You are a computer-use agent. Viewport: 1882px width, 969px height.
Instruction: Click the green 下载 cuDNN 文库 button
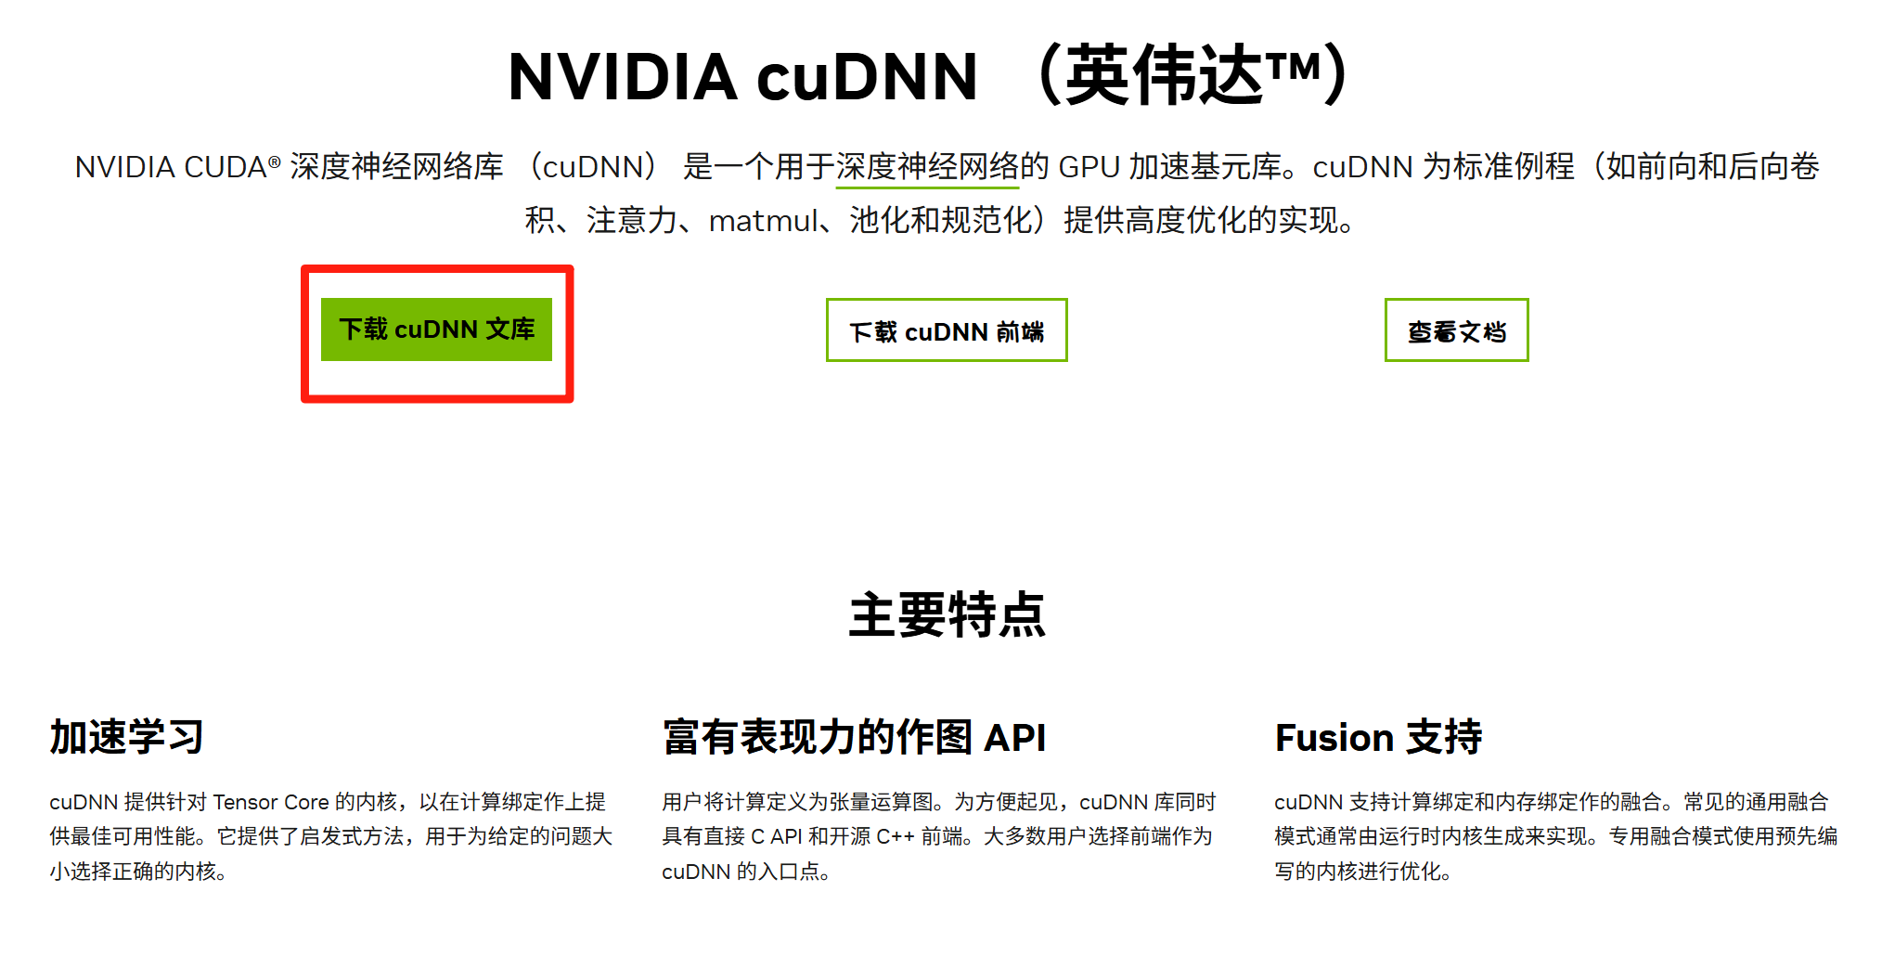click(436, 329)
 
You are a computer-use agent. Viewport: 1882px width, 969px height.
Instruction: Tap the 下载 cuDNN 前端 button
click(947, 330)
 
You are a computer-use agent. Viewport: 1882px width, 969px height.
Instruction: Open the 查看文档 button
click(1456, 330)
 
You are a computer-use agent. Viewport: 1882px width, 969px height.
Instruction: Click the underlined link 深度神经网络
click(927, 167)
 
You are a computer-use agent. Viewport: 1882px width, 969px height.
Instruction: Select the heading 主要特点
click(947, 615)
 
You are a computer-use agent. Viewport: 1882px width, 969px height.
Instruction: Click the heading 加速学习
click(126, 738)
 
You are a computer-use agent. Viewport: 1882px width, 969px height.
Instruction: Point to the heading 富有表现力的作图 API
click(854, 738)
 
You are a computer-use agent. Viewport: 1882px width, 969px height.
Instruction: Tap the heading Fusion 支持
click(1378, 738)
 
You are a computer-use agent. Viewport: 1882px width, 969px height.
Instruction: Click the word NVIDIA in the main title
click(623, 77)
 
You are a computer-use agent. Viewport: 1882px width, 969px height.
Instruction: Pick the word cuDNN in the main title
click(868, 77)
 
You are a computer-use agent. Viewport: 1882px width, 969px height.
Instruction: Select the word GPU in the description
click(1089, 167)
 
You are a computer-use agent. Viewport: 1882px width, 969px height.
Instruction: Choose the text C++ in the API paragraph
click(896, 837)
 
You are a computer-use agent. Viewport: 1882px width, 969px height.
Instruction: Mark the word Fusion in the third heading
click(1334, 738)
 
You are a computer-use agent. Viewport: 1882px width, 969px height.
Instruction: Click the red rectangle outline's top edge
click(437, 269)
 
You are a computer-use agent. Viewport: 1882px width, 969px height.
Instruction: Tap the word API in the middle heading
click(1014, 738)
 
